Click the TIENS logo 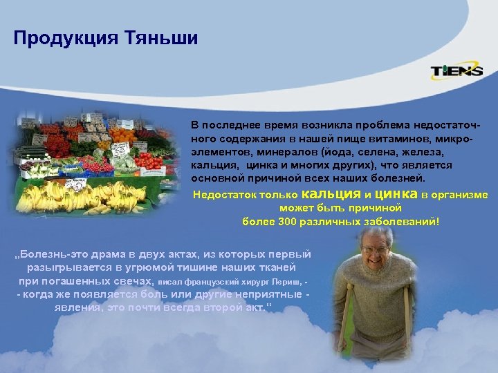[x=456, y=71]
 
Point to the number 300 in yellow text [x=286, y=222]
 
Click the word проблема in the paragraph [x=382, y=124]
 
